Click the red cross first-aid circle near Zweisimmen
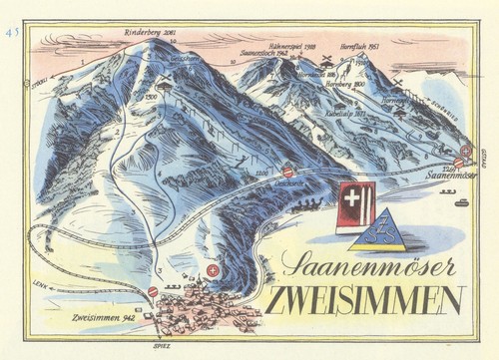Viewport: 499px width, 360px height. (213, 270)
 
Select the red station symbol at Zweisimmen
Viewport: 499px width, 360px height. (153, 291)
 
